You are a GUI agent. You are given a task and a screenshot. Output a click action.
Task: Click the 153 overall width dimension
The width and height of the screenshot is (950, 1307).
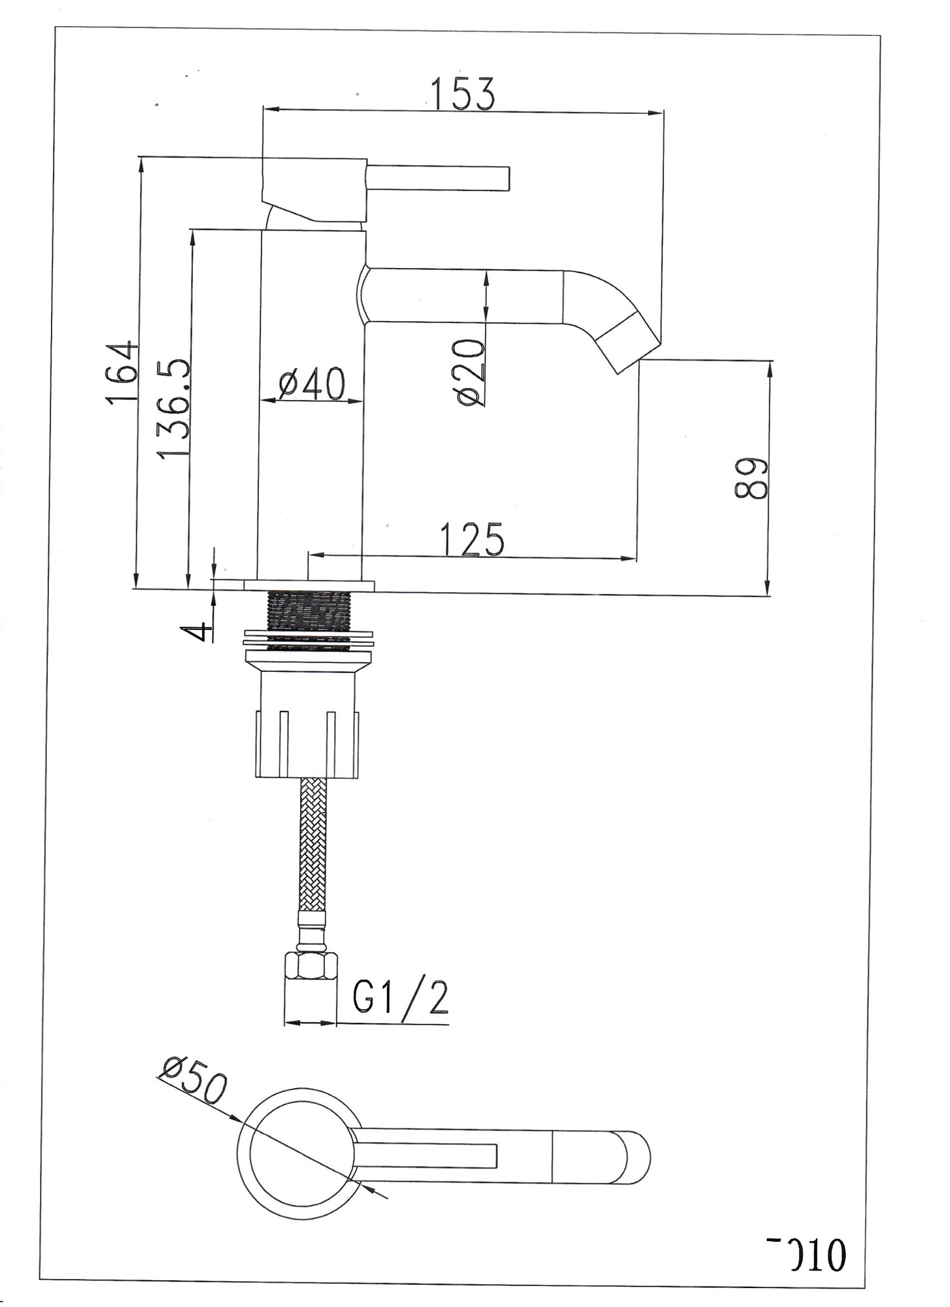pyautogui.click(x=464, y=93)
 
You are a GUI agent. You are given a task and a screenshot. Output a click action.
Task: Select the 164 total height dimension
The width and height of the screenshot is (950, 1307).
pyautogui.click(x=123, y=372)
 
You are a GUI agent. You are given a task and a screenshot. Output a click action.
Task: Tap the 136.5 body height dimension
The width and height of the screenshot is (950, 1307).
pyautogui.click(x=175, y=408)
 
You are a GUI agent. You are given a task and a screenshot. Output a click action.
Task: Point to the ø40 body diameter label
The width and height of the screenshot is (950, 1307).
pyautogui.click(x=311, y=384)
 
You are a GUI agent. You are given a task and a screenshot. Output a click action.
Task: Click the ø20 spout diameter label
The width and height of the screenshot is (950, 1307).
pyautogui.click(x=472, y=372)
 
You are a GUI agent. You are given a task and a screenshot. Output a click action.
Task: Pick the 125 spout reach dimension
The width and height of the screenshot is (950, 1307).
pyautogui.click(x=472, y=539)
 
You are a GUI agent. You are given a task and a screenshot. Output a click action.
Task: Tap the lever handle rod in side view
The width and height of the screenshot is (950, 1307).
pyautogui.click(x=439, y=178)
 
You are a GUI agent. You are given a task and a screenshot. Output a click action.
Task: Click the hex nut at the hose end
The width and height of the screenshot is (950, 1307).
pyautogui.click(x=311, y=965)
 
